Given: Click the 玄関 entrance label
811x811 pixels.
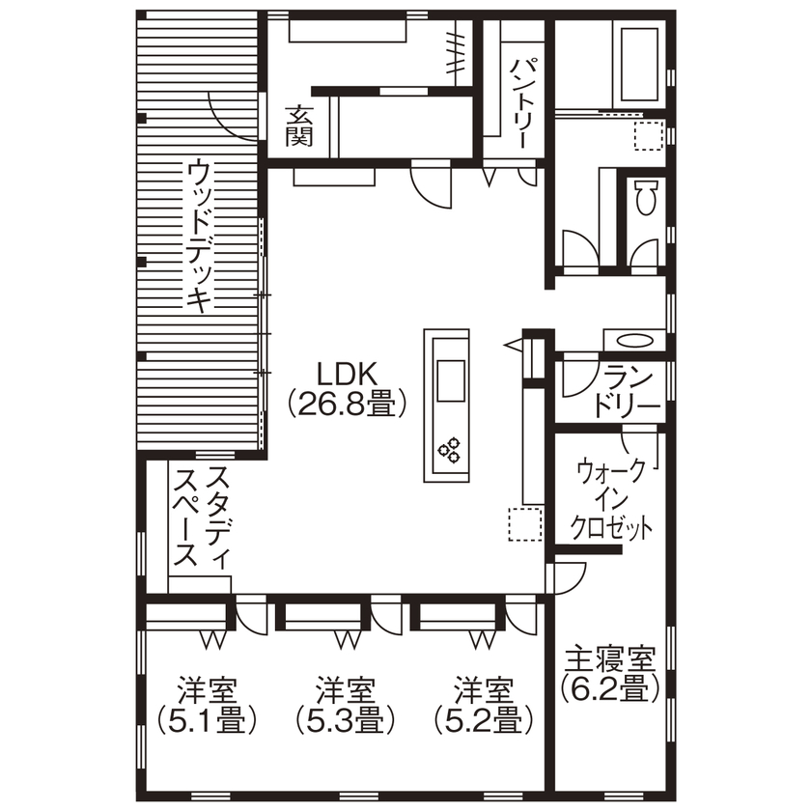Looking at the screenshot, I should coord(298,126).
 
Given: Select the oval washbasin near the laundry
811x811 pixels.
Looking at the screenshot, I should coord(633,340).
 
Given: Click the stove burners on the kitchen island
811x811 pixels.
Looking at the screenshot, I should coord(450,449).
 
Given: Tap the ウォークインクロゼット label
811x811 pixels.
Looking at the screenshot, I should coord(611,499).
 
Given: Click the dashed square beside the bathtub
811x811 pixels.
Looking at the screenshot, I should coord(647,138).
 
